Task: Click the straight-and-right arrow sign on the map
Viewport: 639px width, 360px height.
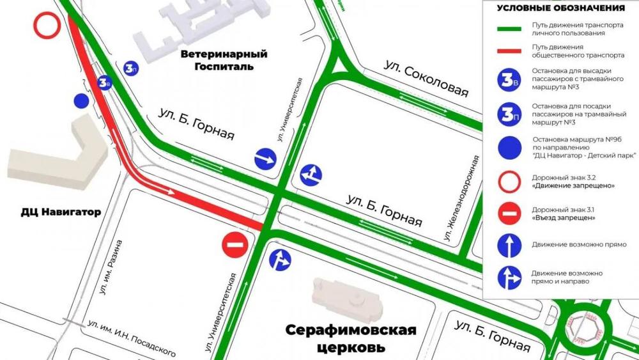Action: (280, 260)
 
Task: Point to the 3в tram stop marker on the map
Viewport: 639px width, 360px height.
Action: (105, 82)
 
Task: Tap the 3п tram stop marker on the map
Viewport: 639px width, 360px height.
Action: (131, 68)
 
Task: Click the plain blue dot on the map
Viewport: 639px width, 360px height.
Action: (81, 101)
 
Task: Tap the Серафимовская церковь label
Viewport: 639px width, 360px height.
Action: (350, 339)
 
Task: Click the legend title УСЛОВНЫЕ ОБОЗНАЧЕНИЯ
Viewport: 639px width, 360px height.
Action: (560, 8)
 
